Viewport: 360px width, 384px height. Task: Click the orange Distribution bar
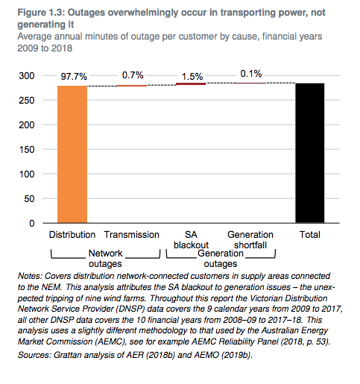click(x=72, y=154)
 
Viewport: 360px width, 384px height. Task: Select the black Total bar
click(x=310, y=153)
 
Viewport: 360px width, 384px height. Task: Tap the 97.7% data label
click(x=74, y=77)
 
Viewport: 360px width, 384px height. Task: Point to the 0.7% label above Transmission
click(x=133, y=75)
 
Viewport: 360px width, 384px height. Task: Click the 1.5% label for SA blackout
click(x=192, y=77)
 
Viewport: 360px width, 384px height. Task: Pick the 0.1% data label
click(x=251, y=74)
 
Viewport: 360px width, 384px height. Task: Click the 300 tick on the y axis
click(x=27, y=75)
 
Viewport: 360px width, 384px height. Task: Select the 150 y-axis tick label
click(x=27, y=149)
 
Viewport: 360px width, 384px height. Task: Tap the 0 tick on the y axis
click(x=32, y=223)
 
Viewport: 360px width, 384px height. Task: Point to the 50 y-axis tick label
click(x=29, y=198)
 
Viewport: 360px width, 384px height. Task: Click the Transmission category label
click(x=131, y=235)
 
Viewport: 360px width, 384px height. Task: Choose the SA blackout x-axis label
click(x=191, y=240)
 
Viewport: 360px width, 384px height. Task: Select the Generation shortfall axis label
click(x=250, y=240)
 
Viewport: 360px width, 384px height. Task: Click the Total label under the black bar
click(x=310, y=235)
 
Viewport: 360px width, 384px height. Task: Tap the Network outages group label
click(x=105, y=259)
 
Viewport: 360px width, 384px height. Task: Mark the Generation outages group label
click(x=221, y=259)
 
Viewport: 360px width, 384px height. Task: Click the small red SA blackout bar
click(x=191, y=84)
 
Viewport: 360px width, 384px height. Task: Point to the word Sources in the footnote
click(x=34, y=355)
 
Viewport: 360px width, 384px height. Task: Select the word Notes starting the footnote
click(x=30, y=276)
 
